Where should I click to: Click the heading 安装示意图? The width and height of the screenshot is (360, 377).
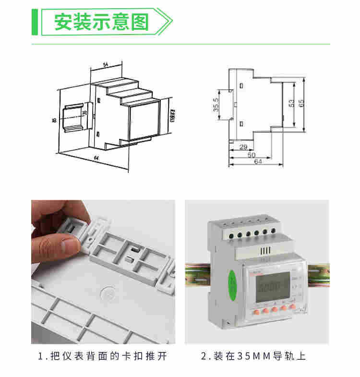pyautogui.click(x=101, y=23)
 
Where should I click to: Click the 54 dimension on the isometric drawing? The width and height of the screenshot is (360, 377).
pyautogui.click(x=105, y=64)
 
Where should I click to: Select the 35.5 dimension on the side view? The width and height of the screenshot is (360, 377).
pyautogui.click(x=216, y=106)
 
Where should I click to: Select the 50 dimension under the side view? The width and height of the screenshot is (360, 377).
pyautogui.click(x=251, y=155)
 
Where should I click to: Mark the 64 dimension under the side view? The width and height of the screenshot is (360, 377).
pyautogui.click(x=258, y=162)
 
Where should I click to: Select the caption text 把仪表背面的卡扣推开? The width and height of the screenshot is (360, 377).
pyautogui.click(x=108, y=357)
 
